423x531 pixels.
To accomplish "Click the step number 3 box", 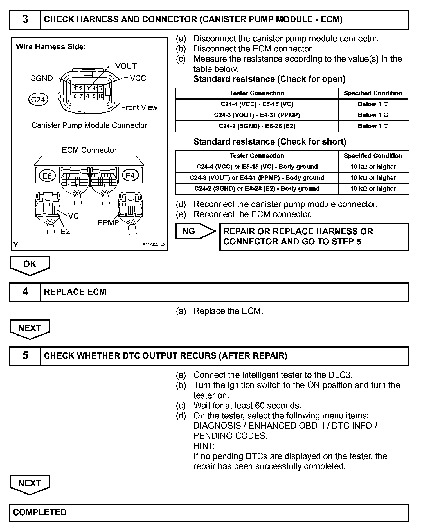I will point(25,20).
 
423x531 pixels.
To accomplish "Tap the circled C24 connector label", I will point(38,100).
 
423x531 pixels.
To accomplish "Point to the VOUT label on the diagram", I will point(126,66).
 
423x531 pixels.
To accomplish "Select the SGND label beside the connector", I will point(42,78).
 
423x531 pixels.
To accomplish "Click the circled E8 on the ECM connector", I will point(47,176).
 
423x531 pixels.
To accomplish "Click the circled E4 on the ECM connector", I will point(130,176).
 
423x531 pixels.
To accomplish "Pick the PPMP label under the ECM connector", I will point(108,223).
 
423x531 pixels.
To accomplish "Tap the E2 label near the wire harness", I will point(65,231).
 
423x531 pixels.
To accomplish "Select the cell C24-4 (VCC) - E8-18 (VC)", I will point(257,104).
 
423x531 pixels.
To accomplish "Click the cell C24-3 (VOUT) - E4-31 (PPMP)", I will point(257,115).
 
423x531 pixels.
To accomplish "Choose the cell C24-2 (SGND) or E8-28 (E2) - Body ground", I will point(257,189).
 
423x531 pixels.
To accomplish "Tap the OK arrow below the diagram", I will point(30,265).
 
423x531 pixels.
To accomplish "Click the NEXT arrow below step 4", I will point(30,328).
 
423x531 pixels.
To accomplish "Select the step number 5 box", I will point(25,356).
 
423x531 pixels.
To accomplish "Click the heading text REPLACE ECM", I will point(75,292).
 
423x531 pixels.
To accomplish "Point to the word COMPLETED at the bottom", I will point(40,512).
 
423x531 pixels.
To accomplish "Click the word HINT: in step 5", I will point(204,446).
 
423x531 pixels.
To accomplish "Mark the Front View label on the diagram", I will point(139,107).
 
